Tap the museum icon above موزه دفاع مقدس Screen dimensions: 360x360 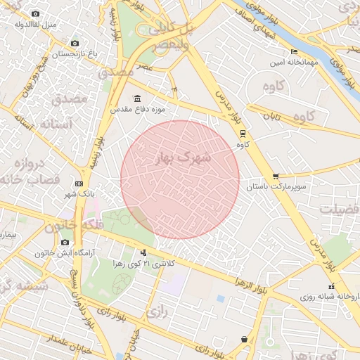click(x=136, y=98)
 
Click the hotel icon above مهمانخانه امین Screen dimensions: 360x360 click(x=294, y=51)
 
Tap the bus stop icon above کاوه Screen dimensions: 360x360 click(x=243, y=133)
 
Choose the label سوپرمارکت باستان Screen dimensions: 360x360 click(x=274, y=188)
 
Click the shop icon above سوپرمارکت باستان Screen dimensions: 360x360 click(x=274, y=176)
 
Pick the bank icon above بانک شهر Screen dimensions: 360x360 click(x=79, y=183)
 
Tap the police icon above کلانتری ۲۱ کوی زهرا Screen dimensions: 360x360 click(x=144, y=252)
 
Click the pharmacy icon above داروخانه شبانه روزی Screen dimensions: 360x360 click(x=331, y=285)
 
